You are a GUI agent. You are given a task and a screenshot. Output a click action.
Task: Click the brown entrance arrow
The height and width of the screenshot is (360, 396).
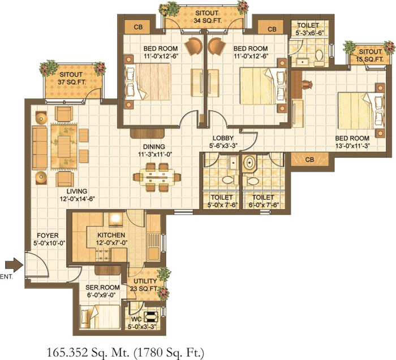coord(14,265)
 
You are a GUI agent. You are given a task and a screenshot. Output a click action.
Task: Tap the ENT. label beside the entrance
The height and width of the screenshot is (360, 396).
coord(6,277)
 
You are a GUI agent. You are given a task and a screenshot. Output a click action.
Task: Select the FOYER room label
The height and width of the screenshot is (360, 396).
coord(48,236)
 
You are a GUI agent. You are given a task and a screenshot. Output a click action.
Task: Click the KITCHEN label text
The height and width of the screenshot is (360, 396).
coord(111,235)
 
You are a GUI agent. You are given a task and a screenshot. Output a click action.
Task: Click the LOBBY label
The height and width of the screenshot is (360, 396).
coord(223,138)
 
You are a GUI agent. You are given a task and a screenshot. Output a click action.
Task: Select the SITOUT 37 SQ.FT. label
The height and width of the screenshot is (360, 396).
coord(72,78)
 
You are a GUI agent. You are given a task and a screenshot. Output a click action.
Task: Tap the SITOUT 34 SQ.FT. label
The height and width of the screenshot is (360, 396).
coord(207,16)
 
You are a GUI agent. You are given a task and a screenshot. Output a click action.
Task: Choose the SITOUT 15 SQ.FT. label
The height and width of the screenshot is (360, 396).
coord(370,55)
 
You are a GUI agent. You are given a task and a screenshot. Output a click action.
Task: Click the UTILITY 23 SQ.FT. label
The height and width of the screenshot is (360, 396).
coord(144,285)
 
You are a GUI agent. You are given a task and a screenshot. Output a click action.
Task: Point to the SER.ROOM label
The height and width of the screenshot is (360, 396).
coord(102,287)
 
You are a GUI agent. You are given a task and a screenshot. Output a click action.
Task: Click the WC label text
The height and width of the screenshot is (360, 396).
coord(136,319)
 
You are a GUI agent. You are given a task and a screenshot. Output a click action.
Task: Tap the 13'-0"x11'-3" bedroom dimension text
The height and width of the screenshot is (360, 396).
coord(352,146)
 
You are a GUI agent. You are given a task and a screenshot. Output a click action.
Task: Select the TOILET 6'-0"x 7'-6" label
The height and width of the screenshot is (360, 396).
coord(263,201)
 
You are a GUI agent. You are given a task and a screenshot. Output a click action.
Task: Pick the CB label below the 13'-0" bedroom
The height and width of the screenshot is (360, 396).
coord(309,160)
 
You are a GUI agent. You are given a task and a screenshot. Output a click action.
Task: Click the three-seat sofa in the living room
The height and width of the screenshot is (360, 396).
coord(40,148)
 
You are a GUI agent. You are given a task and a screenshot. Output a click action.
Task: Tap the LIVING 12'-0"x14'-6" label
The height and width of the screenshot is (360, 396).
coord(77,195)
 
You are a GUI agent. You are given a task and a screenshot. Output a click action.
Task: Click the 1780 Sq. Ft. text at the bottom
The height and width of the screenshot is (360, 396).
coord(168,352)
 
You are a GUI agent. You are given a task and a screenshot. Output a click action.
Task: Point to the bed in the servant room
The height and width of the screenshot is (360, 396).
coord(100,316)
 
